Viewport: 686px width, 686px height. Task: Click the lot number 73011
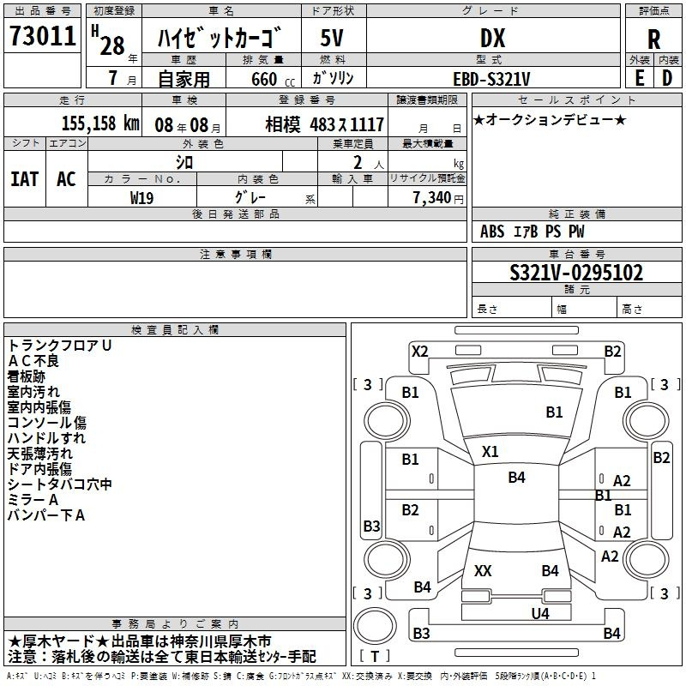tap(42, 36)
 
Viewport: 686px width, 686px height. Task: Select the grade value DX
tap(492, 38)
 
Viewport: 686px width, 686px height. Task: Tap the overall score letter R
tap(653, 39)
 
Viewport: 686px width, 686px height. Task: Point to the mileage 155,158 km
tap(100, 123)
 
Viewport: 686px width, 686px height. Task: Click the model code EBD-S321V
tap(491, 80)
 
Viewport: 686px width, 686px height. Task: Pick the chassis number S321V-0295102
tap(576, 273)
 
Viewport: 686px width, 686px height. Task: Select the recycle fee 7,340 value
tap(431, 198)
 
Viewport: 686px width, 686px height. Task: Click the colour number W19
tap(141, 198)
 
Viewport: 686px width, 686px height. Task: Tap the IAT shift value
tap(24, 179)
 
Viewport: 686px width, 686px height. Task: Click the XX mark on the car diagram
tap(483, 570)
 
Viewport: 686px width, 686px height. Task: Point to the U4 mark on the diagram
tap(540, 613)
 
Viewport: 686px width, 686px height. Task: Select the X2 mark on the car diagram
tap(419, 352)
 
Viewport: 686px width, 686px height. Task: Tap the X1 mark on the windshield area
tap(490, 452)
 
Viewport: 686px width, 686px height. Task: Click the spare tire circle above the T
tap(375, 626)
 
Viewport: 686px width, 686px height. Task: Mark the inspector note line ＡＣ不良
tap(33, 361)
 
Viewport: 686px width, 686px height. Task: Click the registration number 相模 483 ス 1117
tap(325, 125)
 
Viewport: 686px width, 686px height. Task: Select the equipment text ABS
tap(492, 232)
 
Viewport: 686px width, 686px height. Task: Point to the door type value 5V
tap(332, 38)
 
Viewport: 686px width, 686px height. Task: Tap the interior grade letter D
tap(667, 78)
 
